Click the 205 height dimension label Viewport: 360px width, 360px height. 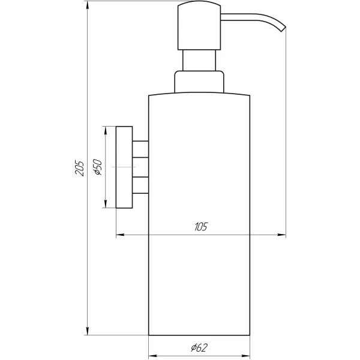tap(79, 168)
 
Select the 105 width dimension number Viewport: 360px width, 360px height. tap(200, 226)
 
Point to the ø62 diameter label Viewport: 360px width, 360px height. tap(200, 347)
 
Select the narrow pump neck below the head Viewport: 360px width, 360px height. tap(199, 61)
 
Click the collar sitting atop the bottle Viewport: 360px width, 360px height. tap(199, 83)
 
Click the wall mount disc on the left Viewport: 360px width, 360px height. tap(124, 167)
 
